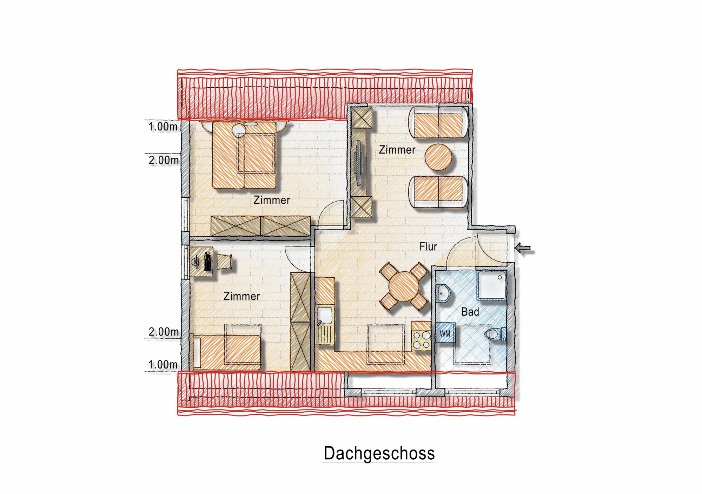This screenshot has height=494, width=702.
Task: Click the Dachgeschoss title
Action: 379,453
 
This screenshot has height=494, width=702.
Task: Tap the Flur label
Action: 428,246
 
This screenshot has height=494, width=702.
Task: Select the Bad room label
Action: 470,312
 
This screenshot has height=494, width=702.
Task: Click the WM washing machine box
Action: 445,333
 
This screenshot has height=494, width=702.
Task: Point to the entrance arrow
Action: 523,249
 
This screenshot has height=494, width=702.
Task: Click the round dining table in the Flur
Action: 404,286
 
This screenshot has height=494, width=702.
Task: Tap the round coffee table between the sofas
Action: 438,157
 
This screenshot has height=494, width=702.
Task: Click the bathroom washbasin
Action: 443,293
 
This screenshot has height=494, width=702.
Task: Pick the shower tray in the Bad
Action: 491,285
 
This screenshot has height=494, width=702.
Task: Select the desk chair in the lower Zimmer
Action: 224,262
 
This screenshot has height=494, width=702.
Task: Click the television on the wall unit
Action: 358,163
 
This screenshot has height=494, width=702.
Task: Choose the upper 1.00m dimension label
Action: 163,127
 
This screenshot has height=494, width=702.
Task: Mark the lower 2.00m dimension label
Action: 164,331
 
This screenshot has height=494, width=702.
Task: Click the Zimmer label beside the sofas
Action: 397,150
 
